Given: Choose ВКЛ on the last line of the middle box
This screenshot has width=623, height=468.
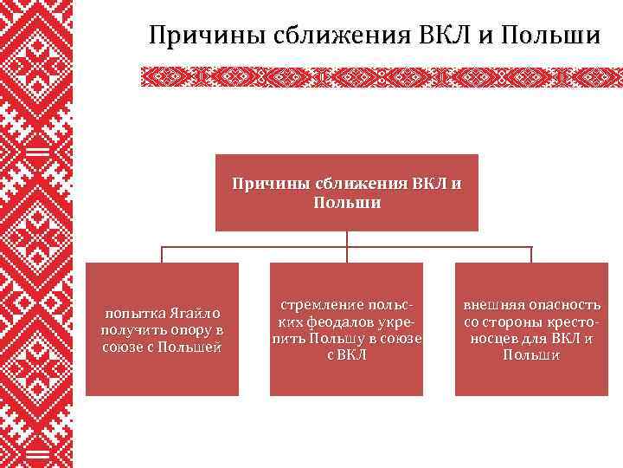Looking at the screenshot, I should click(353, 355).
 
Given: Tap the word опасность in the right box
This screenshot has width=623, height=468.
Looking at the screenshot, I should click(563, 305).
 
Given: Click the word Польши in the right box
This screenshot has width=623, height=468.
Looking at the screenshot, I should click(531, 355).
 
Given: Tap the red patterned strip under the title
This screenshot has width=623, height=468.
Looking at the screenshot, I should click(381, 77).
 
